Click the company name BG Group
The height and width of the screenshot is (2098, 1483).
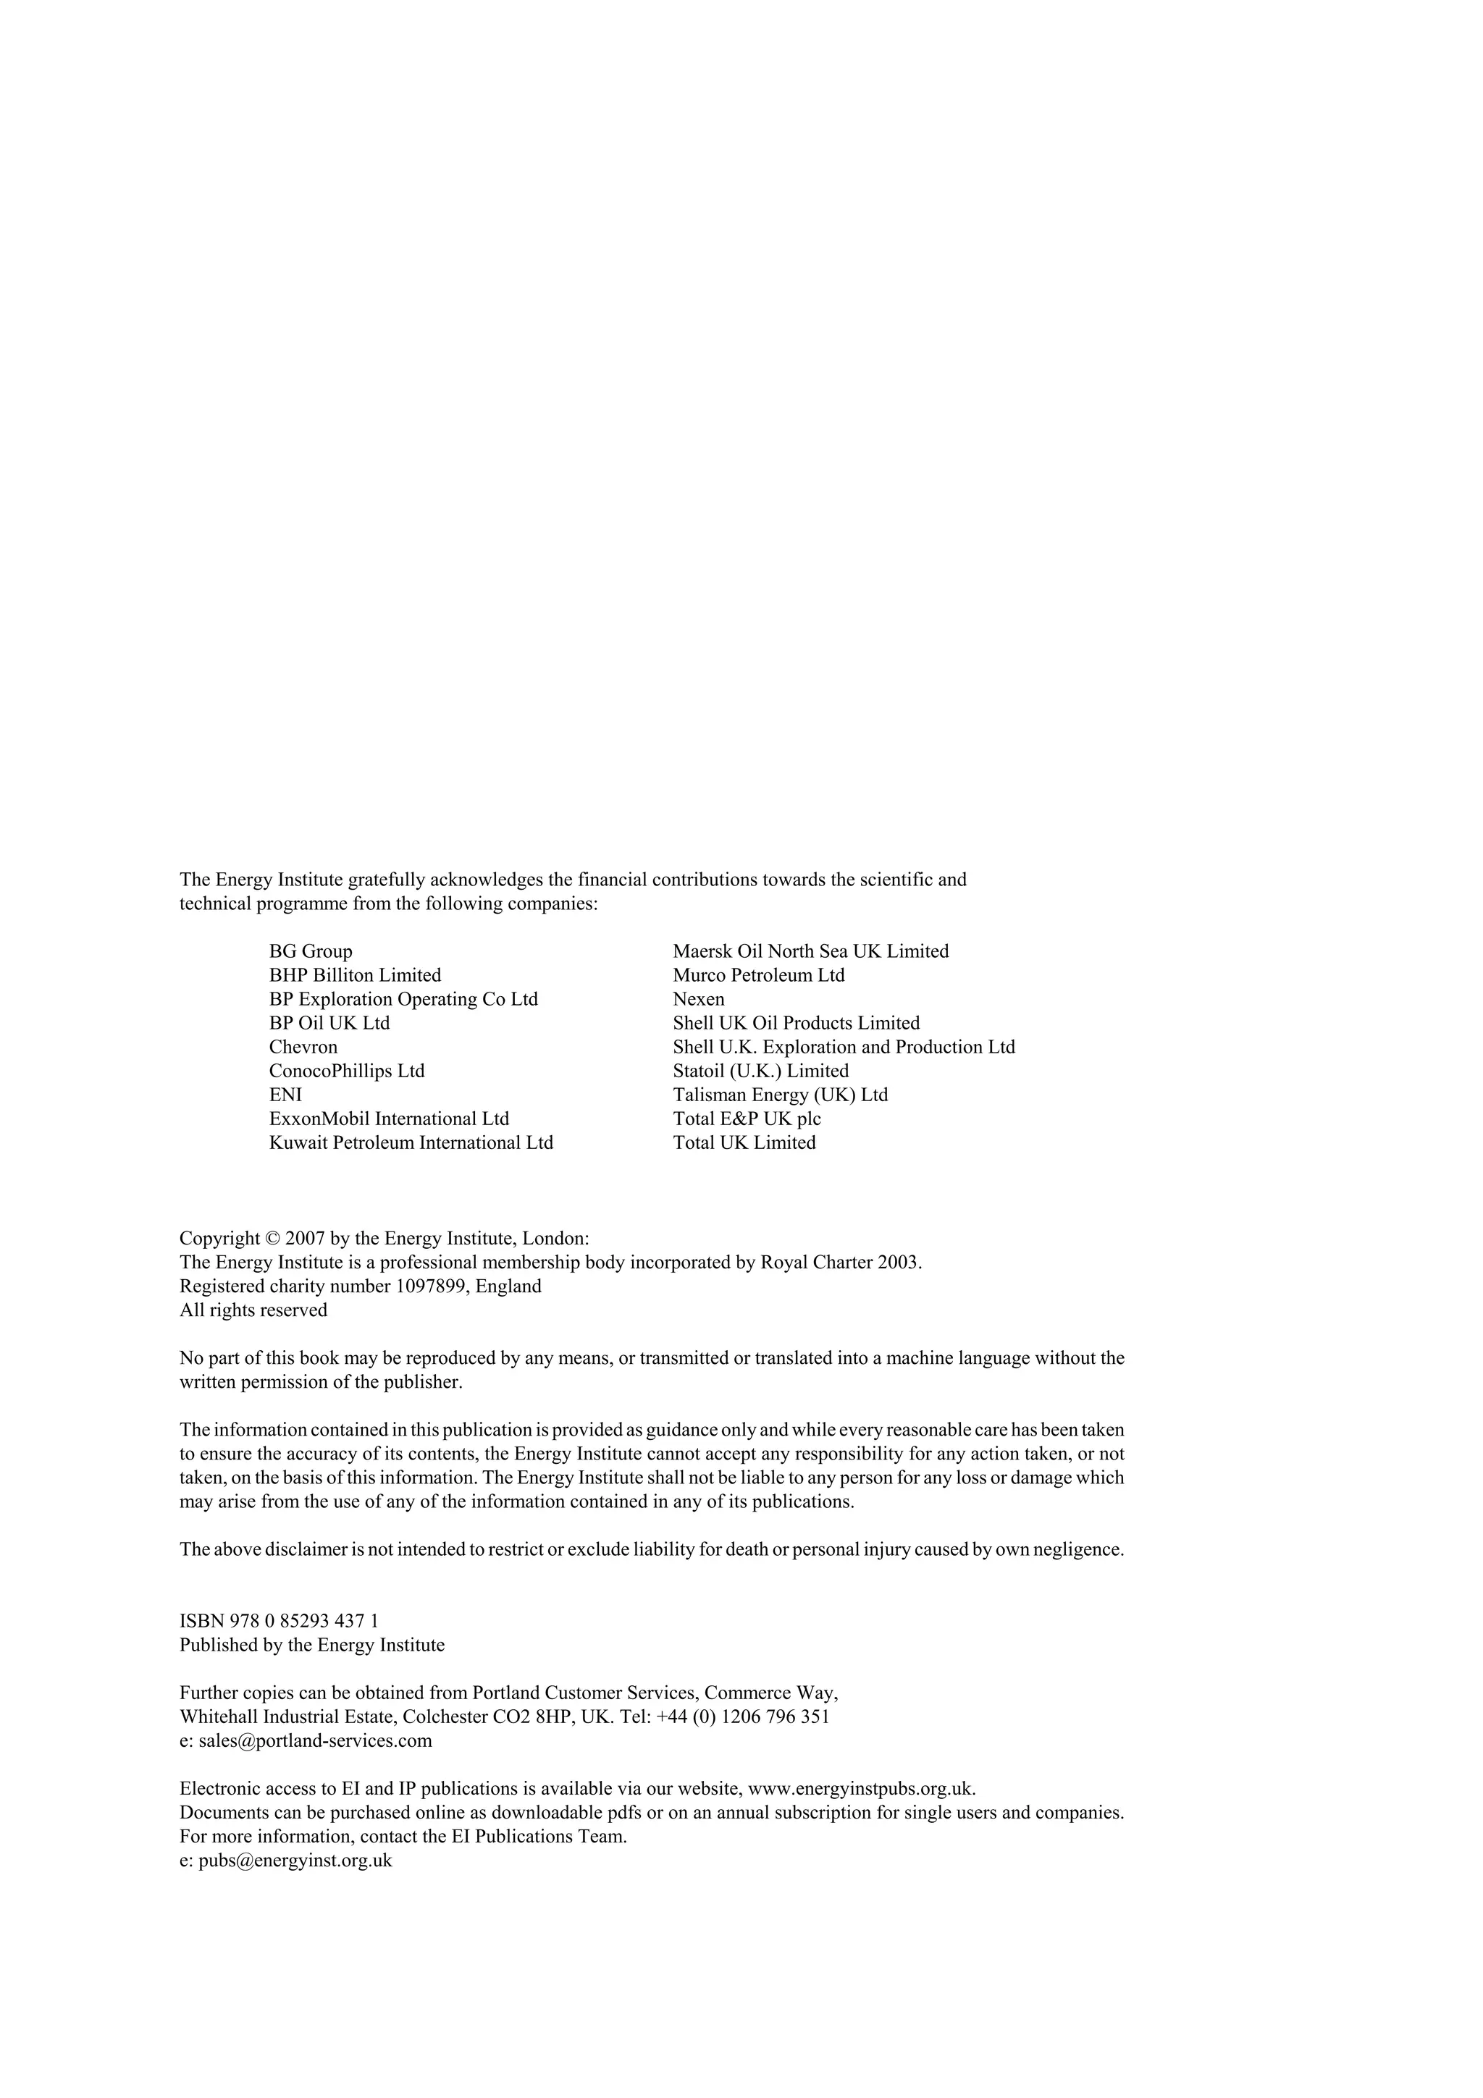point(311,951)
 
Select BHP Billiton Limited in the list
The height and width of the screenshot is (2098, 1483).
point(355,975)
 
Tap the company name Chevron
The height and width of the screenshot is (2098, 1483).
point(303,1047)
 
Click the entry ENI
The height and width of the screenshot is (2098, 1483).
point(285,1095)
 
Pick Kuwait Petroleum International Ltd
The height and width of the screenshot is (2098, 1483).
point(411,1143)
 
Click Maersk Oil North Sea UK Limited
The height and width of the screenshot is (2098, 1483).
point(810,951)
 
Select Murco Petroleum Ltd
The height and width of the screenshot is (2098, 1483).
point(758,975)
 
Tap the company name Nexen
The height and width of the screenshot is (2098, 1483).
point(698,1000)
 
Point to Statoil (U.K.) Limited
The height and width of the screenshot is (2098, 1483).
point(760,1071)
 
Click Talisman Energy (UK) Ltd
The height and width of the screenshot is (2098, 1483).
point(781,1095)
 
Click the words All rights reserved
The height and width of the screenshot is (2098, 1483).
point(253,1310)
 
